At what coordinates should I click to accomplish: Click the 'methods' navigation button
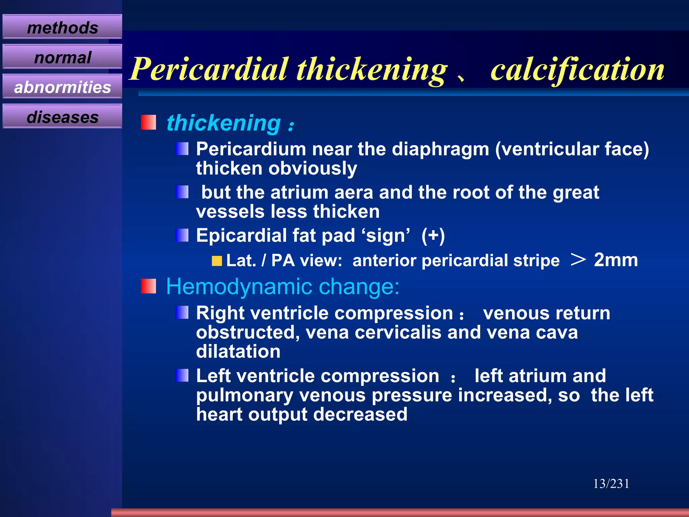click(x=62, y=27)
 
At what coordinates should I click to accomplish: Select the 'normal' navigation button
click(x=62, y=57)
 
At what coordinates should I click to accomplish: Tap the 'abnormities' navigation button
click(x=62, y=87)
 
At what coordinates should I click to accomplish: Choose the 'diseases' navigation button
click(x=62, y=117)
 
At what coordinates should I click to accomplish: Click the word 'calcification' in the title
click(x=577, y=69)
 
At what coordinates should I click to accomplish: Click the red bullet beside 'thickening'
click(x=148, y=123)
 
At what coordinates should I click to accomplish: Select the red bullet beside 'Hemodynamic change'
click(x=148, y=286)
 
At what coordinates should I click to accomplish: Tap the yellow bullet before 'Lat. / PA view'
click(x=217, y=261)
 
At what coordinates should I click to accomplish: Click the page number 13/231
click(x=611, y=484)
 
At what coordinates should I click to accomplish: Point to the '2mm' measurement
click(x=616, y=260)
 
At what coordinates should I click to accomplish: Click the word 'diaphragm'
click(x=440, y=149)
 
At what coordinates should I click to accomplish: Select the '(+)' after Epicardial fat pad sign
click(x=433, y=235)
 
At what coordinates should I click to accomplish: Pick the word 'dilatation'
click(x=238, y=352)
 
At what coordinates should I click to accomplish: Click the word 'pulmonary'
click(x=245, y=395)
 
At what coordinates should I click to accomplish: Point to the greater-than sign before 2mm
click(x=578, y=260)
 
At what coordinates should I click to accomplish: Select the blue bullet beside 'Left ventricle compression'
click(x=182, y=375)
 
